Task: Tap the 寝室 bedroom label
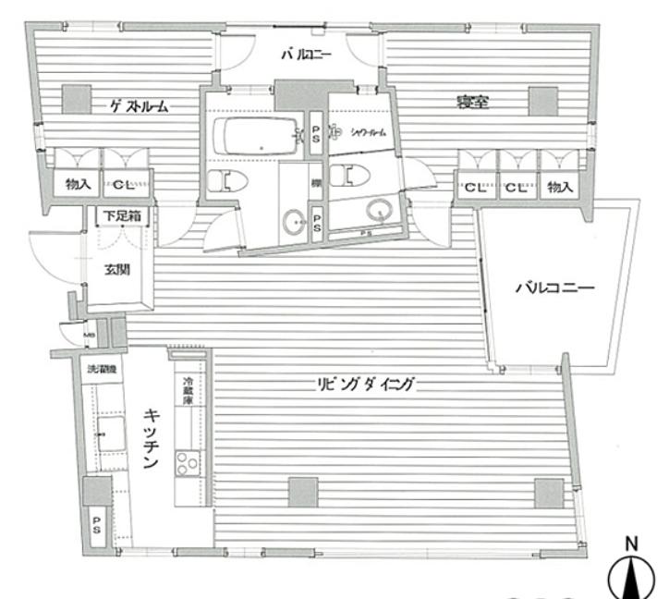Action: click(471, 102)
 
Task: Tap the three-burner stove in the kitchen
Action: click(188, 463)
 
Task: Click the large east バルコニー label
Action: click(553, 287)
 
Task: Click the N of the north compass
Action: click(633, 544)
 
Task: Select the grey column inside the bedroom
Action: click(541, 100)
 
